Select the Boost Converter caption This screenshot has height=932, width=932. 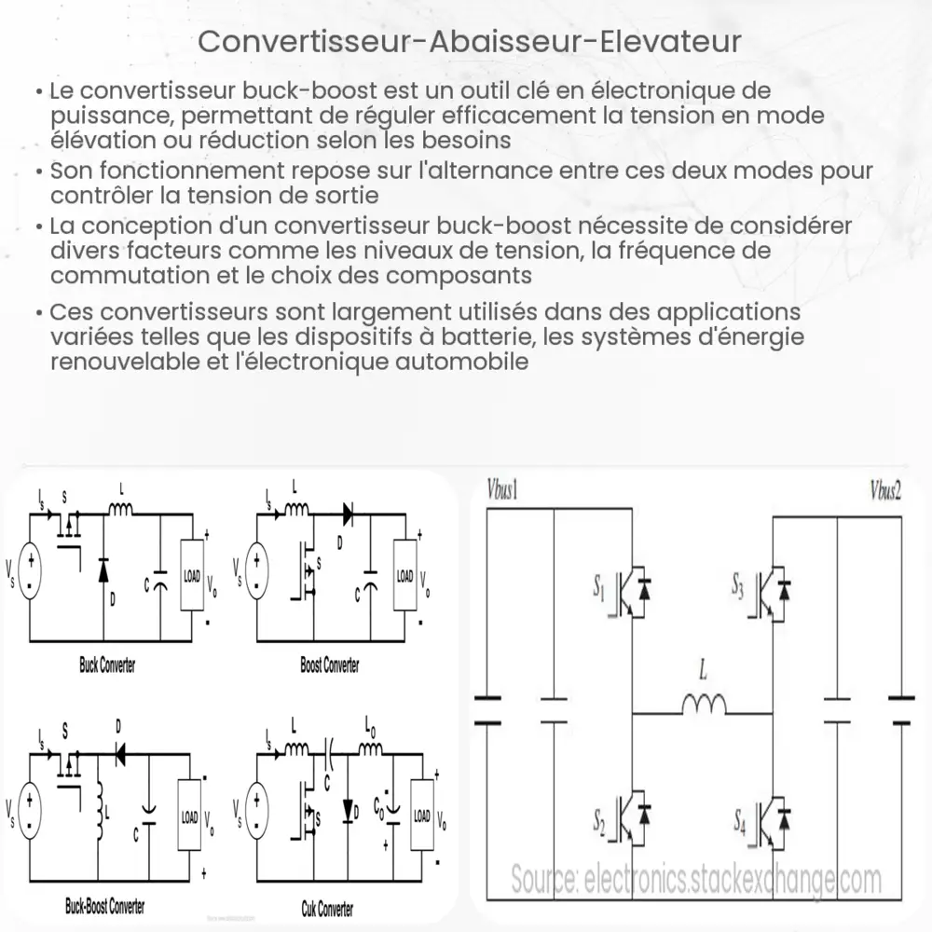(x=330, y=666)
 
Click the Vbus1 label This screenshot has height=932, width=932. (x=502, y=491)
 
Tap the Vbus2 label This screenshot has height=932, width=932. (x=885, y=491)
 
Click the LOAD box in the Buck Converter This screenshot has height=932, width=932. (x=191, y=576)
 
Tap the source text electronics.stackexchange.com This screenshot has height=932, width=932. (x=694, y=879)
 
